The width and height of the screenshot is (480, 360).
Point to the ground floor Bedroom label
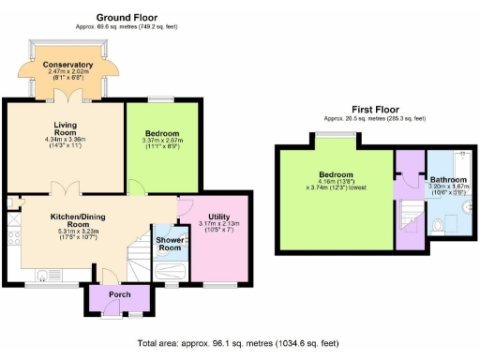click(x=161, y=134)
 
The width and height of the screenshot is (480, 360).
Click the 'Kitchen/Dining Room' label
click(x=83, y=219)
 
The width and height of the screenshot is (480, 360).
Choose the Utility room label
click(x=219, y=215)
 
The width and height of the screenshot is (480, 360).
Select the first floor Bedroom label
click(x=335, y=175)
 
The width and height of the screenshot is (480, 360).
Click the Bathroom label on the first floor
click(x=448, y=179)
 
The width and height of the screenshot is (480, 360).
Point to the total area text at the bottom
click(x=238, y=343)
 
